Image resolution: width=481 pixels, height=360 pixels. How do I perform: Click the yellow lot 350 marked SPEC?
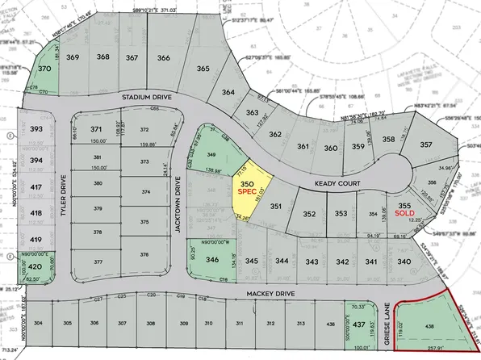[x=248, y=190]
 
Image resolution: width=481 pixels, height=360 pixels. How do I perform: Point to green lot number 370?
[x=45, y=70]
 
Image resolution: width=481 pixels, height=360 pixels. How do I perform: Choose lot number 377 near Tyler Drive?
[x=98, y=262]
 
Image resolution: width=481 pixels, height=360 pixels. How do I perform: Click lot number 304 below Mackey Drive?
[x=38, y=324]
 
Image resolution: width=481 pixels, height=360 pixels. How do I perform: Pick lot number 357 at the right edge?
[x=426, y=145]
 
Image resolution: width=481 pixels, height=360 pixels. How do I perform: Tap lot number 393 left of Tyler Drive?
[x=36, y=129]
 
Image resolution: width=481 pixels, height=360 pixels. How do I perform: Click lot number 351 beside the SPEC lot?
[x=275, y=207]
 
